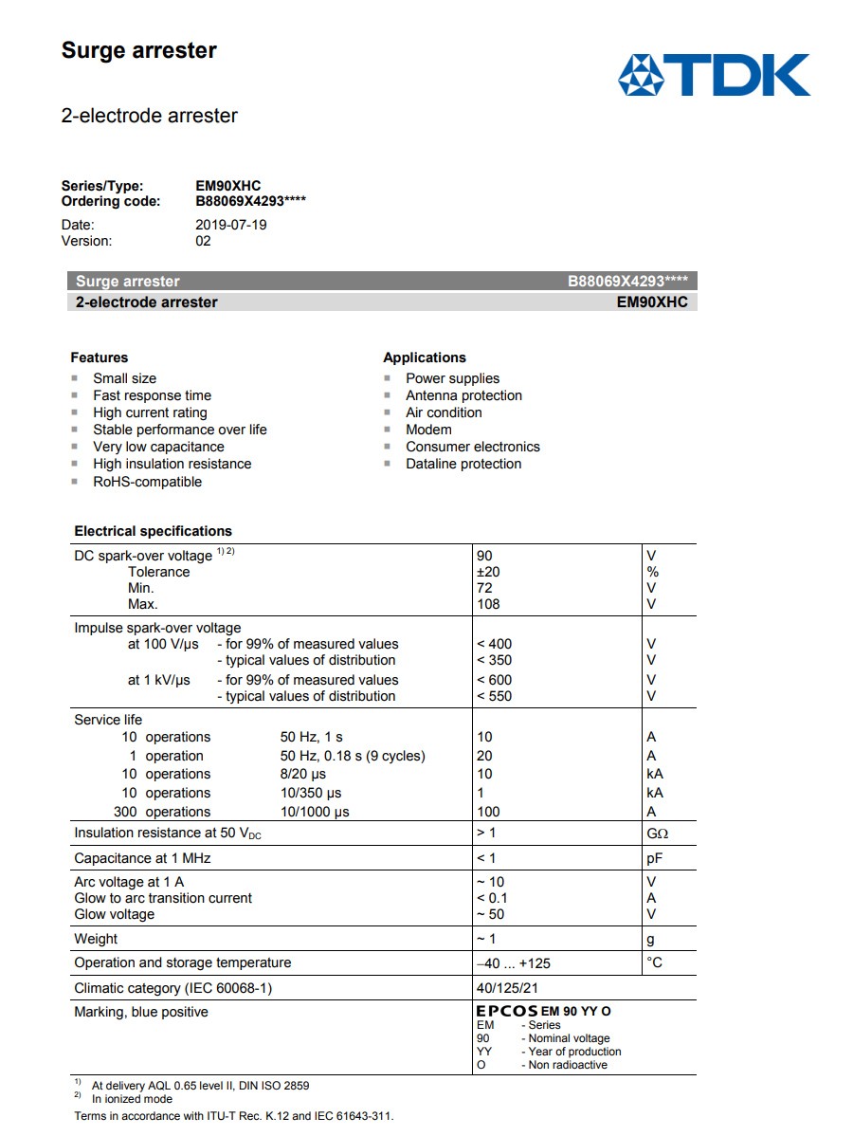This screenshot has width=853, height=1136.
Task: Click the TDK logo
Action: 714,75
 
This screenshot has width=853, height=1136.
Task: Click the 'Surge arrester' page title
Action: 138,51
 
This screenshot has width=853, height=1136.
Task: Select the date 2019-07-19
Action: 231,225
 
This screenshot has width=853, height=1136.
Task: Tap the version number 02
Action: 203,241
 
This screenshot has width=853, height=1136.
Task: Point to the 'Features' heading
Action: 99,357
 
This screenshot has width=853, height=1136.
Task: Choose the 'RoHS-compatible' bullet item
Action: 147,482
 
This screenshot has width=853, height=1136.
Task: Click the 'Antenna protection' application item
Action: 463,395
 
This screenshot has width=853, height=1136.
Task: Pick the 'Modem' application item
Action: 428,430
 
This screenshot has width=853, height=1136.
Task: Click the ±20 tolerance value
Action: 488,572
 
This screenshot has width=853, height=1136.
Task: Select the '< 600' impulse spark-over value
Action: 494,680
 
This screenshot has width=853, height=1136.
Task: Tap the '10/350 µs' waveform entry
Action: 311,793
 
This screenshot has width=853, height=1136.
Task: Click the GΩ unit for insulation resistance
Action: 657,834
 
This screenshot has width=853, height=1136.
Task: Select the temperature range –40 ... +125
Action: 513,963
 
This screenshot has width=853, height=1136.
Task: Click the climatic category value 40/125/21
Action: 507,988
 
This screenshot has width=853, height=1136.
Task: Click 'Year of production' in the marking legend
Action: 571,1052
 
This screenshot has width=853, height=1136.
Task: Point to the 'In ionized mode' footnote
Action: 132,1099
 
